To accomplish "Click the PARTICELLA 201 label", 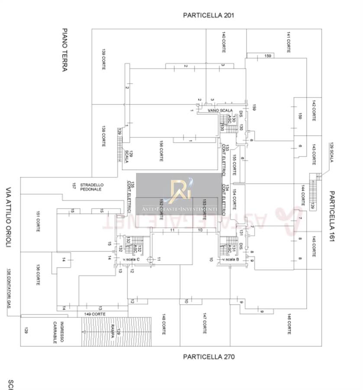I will (208, 15).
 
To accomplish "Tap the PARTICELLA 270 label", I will (208, 357).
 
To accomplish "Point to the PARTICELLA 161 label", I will (333, 217).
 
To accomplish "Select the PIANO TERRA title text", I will (65, 50).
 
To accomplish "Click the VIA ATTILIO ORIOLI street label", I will (8, 218).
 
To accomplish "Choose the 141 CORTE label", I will (288, 42).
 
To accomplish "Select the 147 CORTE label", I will (204, 323).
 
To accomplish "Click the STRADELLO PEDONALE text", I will (91, 187).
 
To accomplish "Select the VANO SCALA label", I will (220, 111).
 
